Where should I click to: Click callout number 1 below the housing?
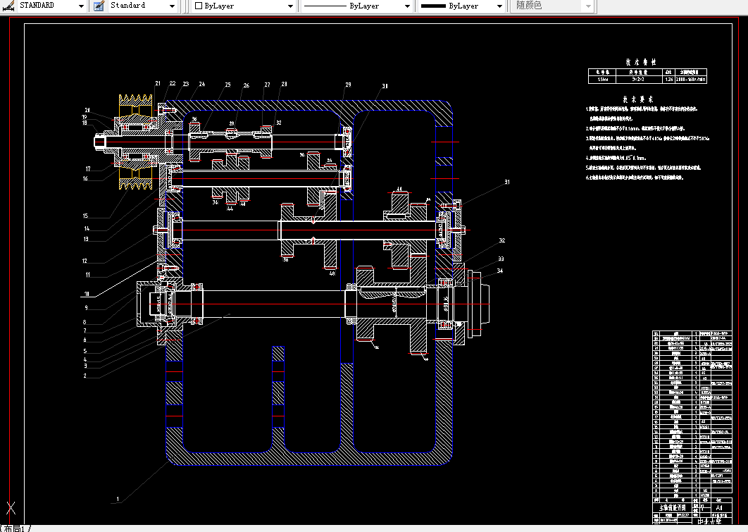pos(118,499)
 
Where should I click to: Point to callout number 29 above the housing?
pos(347,85)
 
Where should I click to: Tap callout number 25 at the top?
pos(227,85)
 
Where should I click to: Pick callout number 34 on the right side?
pos(499,271)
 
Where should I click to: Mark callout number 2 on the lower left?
pos(85,376)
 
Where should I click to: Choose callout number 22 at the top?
pos(173,84)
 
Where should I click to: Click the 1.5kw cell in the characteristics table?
pos(603,80)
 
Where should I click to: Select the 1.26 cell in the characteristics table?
pos(668,80)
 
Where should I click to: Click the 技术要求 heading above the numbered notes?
pos(639,99)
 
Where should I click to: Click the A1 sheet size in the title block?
pos(718,506)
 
